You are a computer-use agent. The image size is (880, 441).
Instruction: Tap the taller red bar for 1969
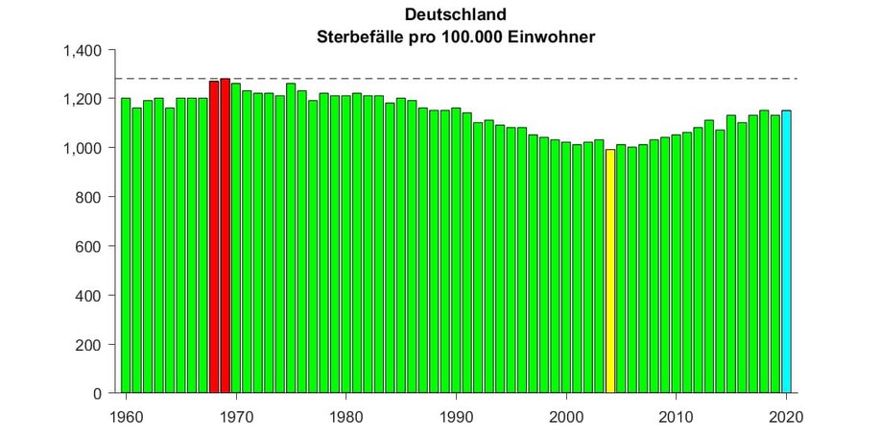(225, 235)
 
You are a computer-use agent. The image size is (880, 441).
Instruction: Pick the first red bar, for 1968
(214, 236)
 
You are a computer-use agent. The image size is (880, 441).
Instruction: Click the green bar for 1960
(126, 245)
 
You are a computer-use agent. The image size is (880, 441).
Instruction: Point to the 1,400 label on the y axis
(83, 50)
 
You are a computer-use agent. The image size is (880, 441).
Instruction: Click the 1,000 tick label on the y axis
(83, 148)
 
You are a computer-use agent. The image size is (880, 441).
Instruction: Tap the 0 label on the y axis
(98, 393)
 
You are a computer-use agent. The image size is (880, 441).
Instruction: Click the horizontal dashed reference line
(480, 79)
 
